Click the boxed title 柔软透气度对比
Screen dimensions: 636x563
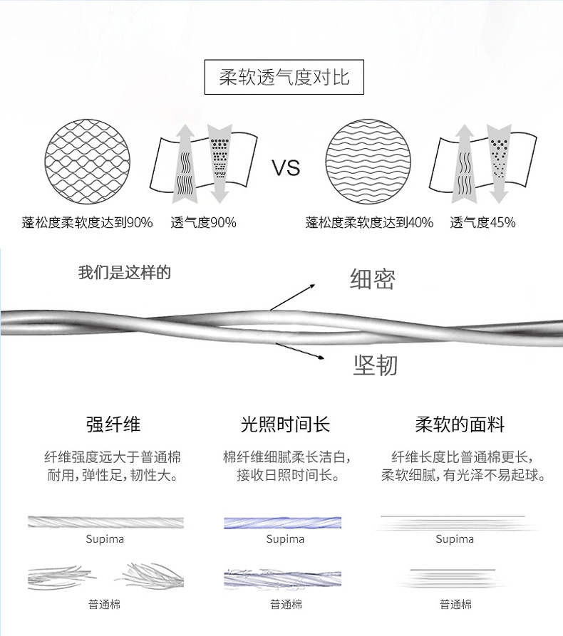(284, 77)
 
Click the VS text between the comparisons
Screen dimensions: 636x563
(286, 168)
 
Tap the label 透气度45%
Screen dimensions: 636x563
(482, 223)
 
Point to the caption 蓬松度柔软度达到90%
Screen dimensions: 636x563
(88, 223)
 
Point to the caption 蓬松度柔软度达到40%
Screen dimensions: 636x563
(369, 223)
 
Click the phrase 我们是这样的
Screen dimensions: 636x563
(124, 273)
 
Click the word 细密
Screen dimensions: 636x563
(372, 279)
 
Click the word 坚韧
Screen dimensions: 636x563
(375, 365)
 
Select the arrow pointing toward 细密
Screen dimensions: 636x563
(292, 296)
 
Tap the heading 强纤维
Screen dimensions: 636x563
(113, 425)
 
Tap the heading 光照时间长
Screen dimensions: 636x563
(285, 425)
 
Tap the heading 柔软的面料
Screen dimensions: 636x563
(460, 425)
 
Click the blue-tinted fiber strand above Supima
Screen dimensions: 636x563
(282, 522)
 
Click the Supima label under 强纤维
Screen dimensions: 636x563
(105, 539)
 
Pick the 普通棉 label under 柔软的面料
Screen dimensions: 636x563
(455, 605)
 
